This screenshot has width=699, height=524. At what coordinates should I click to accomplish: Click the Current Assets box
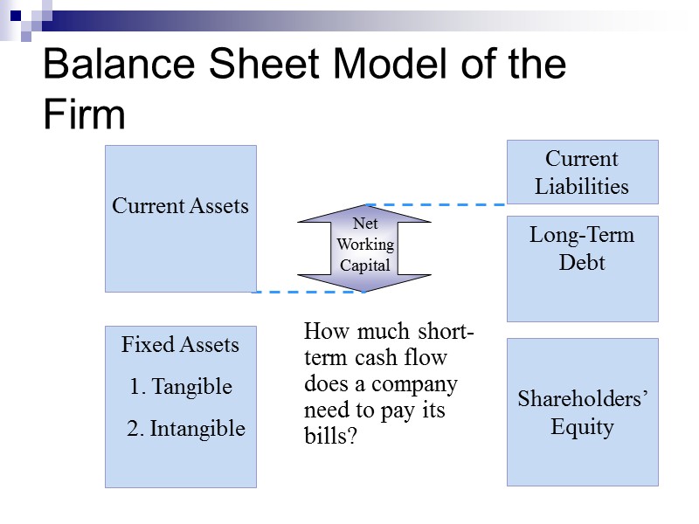click(181, 218)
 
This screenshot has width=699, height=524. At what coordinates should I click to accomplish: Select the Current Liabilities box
click(582, 172)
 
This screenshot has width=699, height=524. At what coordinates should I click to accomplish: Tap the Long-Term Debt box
click(582, 269)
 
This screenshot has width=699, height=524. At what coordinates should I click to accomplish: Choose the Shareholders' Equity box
click(582, 412)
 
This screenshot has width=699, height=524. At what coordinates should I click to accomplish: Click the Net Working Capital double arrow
click(364, 248)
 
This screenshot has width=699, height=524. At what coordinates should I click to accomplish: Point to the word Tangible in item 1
click(192, 387)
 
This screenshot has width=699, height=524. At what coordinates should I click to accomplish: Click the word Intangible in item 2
click(197, 429)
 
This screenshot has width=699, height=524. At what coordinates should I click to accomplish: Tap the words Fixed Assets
click(180, 345)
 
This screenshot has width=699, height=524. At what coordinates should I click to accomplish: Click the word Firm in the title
click(84, 115)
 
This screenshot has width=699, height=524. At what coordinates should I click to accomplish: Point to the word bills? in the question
click(330, 436)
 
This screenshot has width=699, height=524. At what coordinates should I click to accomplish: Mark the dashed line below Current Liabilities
click(437, 204)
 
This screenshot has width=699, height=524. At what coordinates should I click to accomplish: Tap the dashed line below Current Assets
click(306, 292)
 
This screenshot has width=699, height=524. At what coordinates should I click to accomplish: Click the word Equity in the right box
click(582, 427)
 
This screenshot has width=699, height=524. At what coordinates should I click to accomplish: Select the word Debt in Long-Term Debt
click(582, 262)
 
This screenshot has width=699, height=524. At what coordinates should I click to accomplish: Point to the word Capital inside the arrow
click(364, 265)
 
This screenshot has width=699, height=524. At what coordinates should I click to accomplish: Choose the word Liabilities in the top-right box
click(582, 186)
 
